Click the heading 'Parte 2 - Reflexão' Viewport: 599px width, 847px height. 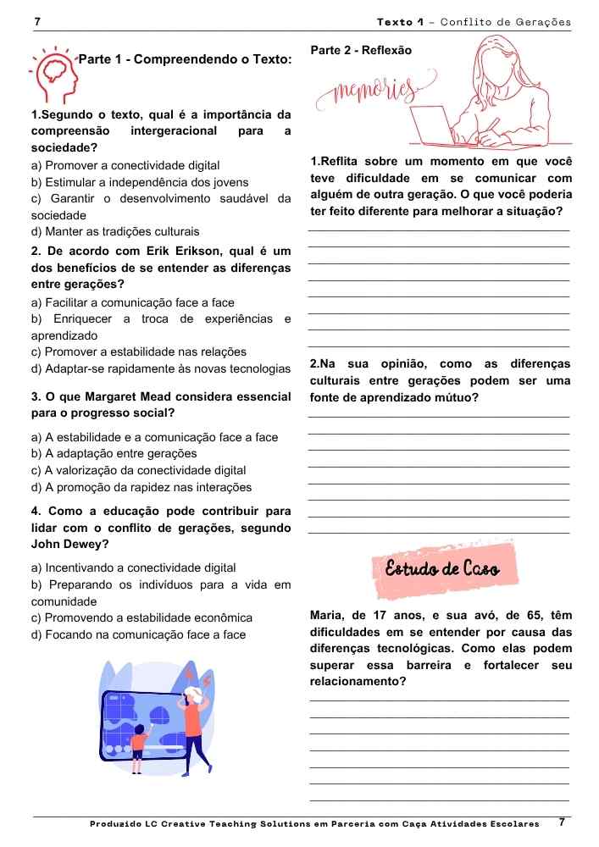click(x=361, y=51)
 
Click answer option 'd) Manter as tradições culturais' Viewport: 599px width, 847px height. click(x=115, y=231)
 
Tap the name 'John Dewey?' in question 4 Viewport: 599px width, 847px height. click(x=66, y=545)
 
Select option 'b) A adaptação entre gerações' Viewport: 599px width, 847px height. click(x=114, y=454)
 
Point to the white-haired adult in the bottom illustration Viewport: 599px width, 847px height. click(x=194, y=720)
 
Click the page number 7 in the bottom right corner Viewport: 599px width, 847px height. click(x=562, y=822)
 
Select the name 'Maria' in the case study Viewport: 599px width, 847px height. click(x=329, y=615)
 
